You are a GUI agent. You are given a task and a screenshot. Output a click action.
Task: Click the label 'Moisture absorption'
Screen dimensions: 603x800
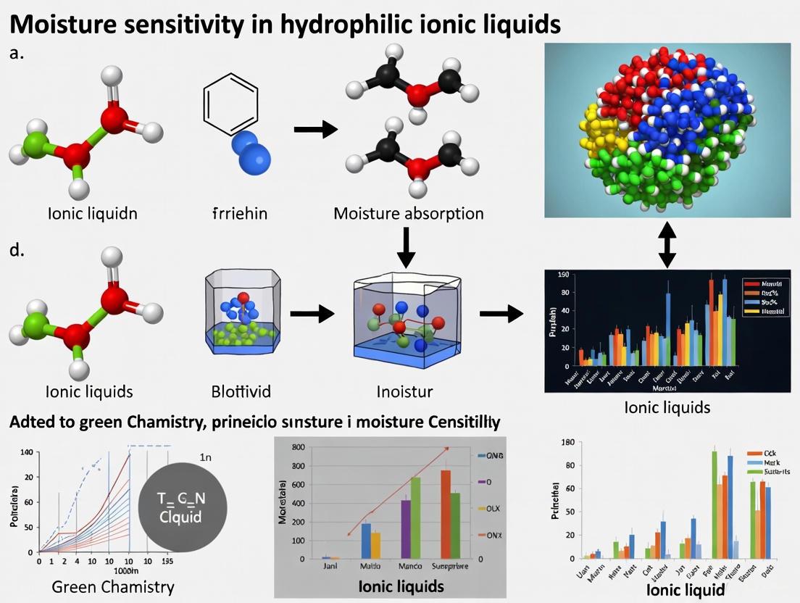[x=408, y=214]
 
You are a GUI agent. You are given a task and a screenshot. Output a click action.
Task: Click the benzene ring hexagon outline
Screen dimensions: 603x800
[x=230, y=105]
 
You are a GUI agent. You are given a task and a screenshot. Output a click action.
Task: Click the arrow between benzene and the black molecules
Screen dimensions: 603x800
[x=316, y=130]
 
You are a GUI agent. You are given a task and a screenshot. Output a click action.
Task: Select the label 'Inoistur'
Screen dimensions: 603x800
[x=405, y=392]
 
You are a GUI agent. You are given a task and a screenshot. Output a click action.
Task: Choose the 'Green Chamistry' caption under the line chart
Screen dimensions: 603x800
[x=113, y=586]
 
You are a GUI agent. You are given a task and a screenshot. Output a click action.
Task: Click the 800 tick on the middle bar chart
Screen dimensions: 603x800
[x=296, y=447]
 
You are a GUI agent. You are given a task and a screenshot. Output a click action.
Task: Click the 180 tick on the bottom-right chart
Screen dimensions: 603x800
[x=567, y=442]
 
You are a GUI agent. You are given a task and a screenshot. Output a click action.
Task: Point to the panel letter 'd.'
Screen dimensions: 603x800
[x=17, y=252]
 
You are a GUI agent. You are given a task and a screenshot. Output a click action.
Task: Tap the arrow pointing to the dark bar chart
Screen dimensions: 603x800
[x=501, y=314]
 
